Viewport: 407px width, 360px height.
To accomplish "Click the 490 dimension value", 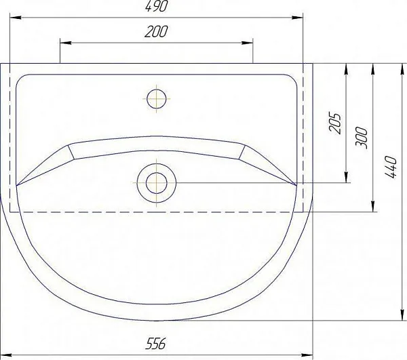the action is [156, 6].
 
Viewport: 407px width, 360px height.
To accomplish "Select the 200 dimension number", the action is [156, 32].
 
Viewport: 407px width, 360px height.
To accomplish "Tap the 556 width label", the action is [155, 344].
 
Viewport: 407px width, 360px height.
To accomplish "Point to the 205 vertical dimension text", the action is [334, 123].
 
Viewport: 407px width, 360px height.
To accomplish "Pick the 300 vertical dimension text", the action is [362, 138].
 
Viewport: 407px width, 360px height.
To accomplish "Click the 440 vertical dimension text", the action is [391, 167].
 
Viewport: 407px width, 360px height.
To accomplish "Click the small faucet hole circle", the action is [156, 99].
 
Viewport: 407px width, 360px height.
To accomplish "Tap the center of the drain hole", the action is [157, 183].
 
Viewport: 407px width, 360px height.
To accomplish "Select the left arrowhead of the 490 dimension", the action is [16, 18].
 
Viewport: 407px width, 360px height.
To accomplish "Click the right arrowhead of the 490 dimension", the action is [298, 18].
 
